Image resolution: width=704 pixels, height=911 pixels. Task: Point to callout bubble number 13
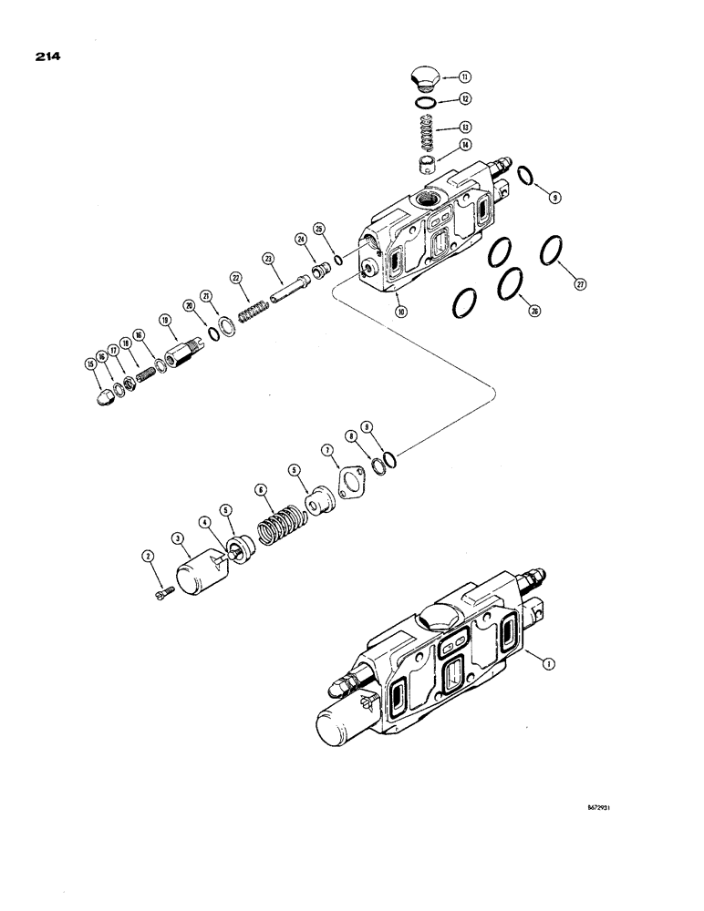tap(465, 128)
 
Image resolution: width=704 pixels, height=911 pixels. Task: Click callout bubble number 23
tap(268, 259)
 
